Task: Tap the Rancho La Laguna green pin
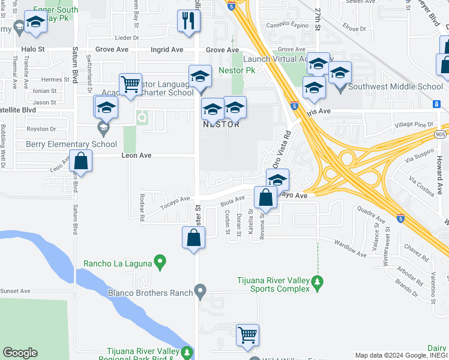[160, 262]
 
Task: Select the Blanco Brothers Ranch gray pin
[201, 292]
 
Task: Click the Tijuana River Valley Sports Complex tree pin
[318, 281]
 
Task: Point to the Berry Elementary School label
[71, 144]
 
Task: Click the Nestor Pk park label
[237, 70]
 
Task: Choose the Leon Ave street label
[136, 155]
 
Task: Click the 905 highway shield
[440, 134]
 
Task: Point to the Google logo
[20, 353]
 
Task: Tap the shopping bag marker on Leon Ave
[80, 161]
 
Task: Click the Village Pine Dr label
[414, 124]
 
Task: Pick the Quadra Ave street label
[370, 213]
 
